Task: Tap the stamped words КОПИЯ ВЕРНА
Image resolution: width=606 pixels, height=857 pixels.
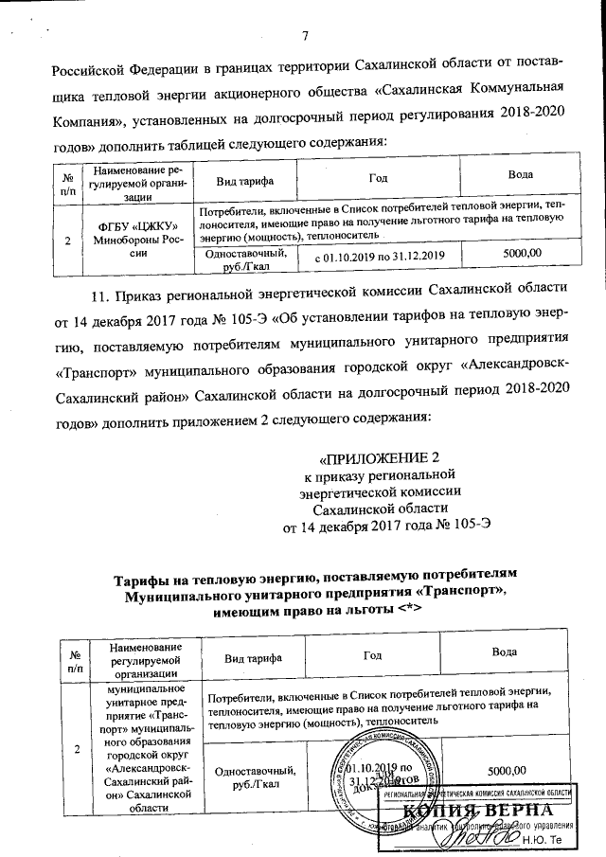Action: tap(487, 812)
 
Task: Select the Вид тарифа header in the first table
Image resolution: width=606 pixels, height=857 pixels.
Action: tap(244, 179)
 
